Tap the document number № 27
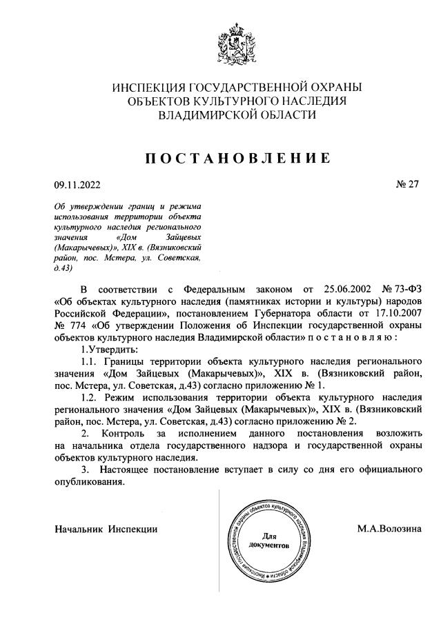(406, 184)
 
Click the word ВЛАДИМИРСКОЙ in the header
(208, 115)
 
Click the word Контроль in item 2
(127, 434)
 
